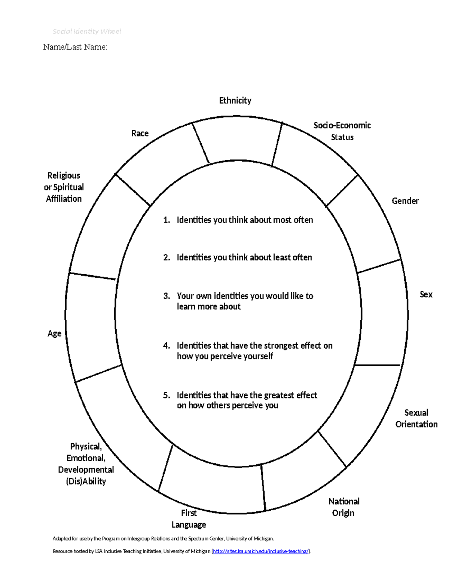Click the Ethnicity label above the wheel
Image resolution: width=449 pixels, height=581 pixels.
[235, 100]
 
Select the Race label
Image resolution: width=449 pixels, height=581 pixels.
[140, 133]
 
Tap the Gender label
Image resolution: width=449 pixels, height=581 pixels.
[405, 201]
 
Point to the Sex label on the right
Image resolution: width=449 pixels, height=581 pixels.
[426, 294]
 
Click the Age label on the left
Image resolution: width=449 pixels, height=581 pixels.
[54, 334]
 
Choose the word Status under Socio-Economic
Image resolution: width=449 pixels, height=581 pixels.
[342, 137]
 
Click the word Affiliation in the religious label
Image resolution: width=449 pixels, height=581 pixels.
[64, 199]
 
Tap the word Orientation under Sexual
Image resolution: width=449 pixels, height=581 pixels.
[416, 424]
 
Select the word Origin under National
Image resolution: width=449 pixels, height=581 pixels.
[343, 513]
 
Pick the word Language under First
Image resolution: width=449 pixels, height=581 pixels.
[189, 525]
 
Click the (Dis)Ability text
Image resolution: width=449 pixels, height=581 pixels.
[86, 481]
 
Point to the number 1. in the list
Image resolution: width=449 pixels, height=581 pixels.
[167, 220]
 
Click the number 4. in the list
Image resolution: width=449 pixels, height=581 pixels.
[167, 346]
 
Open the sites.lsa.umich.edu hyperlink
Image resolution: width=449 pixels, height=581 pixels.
[261, 551]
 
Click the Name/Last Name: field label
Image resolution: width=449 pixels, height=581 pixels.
[75, 47]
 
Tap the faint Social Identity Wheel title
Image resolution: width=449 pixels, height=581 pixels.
[87, 31]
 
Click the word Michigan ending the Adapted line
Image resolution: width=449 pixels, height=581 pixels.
[263, 539]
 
